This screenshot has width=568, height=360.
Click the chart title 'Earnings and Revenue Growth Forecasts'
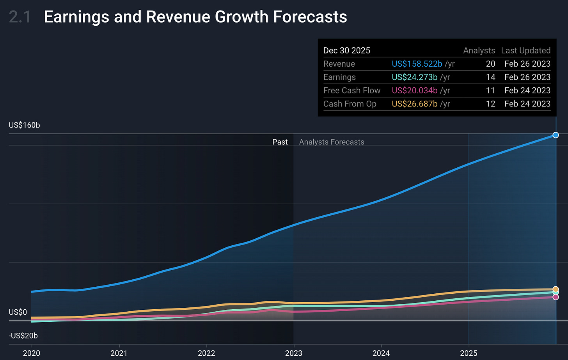click(x=195, y=17)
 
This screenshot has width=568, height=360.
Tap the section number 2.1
click(x=20, y=17)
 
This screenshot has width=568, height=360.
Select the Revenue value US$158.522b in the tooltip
click(x=417, y=64)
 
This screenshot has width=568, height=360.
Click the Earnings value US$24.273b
click(x=414, y=77)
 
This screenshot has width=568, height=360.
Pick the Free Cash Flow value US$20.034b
click(x=414, y=90)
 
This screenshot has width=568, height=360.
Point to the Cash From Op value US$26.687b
click(x=414, y=104)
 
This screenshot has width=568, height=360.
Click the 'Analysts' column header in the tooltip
click(x=479, y=51)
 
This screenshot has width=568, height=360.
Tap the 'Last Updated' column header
click(x=525, y=51)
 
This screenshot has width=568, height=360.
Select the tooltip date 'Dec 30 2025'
click(x=347, y=51)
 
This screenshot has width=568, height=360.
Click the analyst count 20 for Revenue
click(x=490, y=64)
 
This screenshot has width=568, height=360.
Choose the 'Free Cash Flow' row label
click(x=352, y=90)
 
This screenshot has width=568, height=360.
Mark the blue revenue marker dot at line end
click(x=556, y=135)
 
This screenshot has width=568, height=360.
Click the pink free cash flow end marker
click(x=556, y=297)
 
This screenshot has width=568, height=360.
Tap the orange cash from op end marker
click(x=556, y=289)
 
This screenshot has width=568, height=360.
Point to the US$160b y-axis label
click(x=24, y=125)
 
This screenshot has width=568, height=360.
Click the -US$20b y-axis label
click(x=23, y=336)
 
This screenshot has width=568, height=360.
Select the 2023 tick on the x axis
click(x=293, y=353)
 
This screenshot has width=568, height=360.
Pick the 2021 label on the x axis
click(x=119, y=353)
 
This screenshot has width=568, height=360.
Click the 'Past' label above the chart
click(x=280, y=142)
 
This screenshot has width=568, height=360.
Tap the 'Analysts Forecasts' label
click(x=332, y=142)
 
